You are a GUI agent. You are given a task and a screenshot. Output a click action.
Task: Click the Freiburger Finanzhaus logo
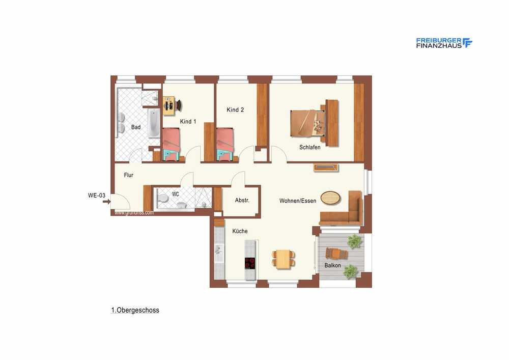pos(444,43)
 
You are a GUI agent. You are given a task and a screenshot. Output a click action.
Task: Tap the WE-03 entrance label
pos(97,196)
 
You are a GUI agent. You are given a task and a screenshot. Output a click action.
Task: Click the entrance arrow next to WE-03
pos(106,202)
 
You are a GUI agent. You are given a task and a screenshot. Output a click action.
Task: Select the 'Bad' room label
pos(136,127)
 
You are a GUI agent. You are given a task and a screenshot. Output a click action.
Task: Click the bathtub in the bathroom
pos(154,123)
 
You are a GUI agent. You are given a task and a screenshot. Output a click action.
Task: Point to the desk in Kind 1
pos(169,105)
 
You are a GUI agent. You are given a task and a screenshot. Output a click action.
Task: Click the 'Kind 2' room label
pos(235,109)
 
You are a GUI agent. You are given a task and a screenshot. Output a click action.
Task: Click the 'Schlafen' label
pos(309,147)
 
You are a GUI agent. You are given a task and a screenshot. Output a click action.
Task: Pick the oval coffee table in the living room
pos(330,198)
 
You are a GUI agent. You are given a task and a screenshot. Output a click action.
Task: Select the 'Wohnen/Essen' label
pos(298,201)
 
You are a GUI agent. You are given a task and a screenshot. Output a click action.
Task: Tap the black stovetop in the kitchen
pos(249,263)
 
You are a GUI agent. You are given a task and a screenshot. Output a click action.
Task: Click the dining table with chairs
pos(284,259)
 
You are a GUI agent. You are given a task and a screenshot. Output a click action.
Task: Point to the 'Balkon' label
pos(333,265)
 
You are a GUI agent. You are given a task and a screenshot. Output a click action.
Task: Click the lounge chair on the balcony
pos(336,253)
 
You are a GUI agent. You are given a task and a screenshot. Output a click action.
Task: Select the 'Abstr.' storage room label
pos(242,200)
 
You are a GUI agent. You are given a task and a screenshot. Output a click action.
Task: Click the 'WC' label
pos(175,194)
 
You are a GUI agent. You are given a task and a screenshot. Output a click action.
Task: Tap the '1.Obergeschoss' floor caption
pos(135,310)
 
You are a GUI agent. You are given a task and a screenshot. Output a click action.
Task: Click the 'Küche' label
pos(240,231)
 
